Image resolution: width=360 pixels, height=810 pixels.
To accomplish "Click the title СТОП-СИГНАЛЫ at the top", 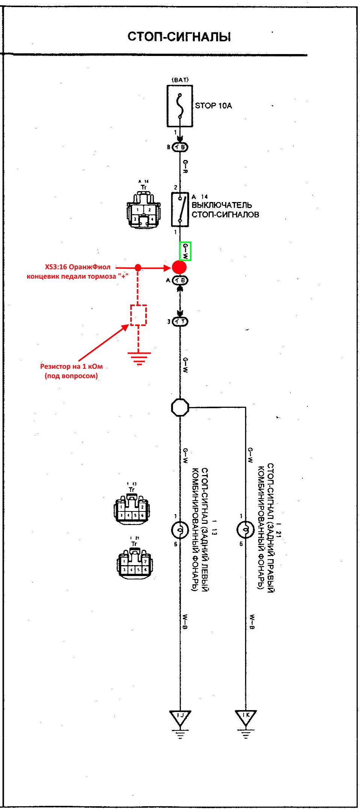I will pos(179,37).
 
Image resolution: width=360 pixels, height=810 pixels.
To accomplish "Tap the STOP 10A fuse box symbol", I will pos(180,106).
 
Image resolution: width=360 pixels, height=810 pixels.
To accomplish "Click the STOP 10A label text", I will pos(213,106).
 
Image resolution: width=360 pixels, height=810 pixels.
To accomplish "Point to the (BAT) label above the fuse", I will pos(180,80).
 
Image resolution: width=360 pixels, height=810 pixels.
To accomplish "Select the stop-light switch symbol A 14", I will pos(180,210).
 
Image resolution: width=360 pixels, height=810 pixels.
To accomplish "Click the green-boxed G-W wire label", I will pos(185,251).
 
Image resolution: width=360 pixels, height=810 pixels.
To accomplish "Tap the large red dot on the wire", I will pos(179,267).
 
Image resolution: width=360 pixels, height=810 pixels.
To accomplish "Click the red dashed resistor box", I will pos(138,315).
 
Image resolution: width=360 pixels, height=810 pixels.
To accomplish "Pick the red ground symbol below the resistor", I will pos(139,358).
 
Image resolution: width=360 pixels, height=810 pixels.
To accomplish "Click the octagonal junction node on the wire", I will pos(180,407).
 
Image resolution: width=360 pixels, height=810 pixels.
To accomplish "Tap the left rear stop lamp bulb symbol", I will pos(180,530).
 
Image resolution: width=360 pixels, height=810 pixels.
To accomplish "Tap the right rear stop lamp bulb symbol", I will pos(246,529).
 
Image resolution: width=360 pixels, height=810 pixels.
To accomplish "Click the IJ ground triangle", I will pos(180,716).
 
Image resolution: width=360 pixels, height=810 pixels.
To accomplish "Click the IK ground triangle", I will pos(246,716).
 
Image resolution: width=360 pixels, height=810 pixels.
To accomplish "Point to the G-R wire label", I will pos(185,166).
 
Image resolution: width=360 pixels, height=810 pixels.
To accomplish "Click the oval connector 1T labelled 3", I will pos(180,321).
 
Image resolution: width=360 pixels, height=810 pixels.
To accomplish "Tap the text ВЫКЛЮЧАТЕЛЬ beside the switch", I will pos(222,205).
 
